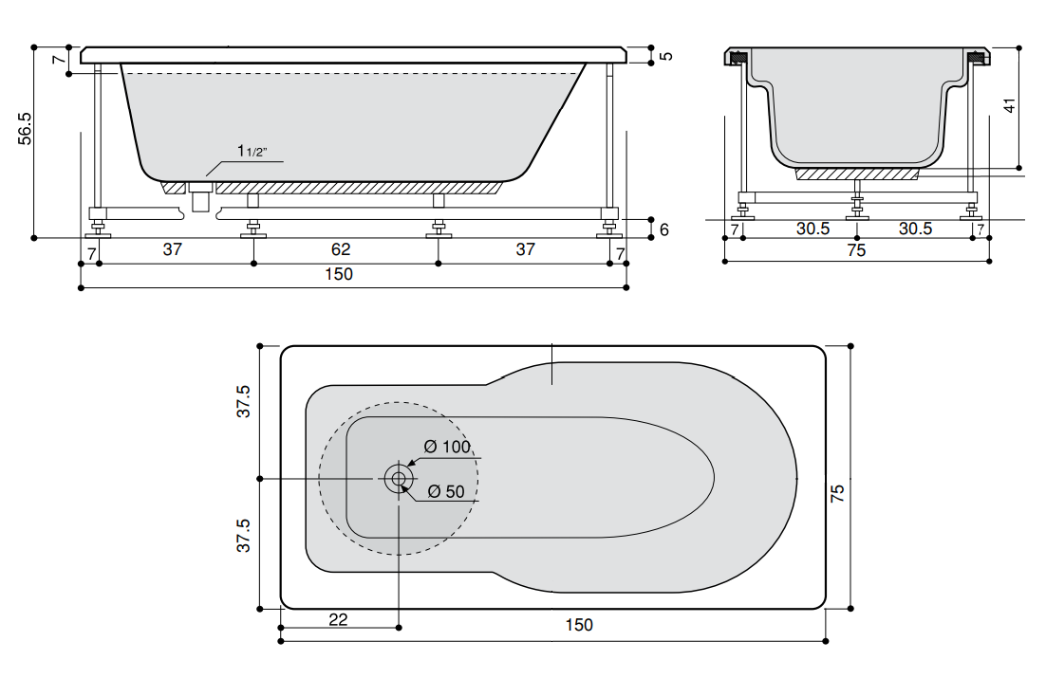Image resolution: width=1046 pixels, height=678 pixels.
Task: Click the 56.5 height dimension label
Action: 25,128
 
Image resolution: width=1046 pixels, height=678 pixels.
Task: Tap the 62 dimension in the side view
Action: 340,249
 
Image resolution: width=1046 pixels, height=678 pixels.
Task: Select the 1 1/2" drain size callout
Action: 252,152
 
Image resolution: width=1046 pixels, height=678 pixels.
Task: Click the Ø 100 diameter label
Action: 447,447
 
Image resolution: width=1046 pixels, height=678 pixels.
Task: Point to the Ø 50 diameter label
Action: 446,492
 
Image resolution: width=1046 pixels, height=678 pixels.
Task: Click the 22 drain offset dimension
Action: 338,620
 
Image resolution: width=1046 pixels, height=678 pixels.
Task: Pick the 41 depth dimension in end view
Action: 1009,105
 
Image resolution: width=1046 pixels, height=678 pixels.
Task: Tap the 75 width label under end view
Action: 856,250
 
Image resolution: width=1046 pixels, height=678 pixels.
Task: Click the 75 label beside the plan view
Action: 837,493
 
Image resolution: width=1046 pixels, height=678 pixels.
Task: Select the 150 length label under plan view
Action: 578,625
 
